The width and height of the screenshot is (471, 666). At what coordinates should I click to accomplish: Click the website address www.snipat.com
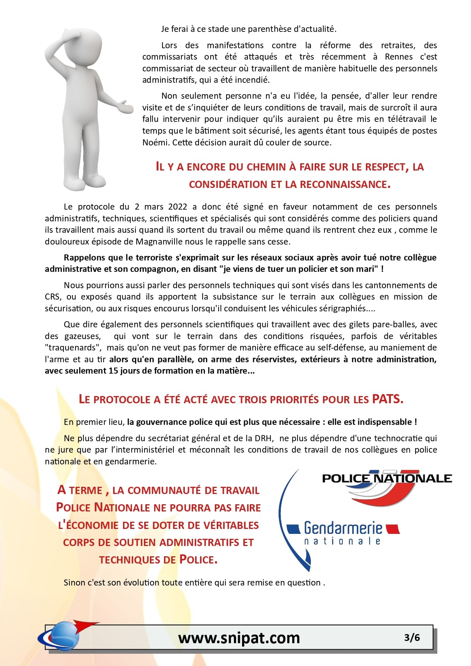pos(239,638)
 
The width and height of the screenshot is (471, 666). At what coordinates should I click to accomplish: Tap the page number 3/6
pos(412,637)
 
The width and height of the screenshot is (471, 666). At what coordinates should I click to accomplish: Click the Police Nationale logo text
pos(387,478)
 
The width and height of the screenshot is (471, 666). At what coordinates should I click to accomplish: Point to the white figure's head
pos(85,42)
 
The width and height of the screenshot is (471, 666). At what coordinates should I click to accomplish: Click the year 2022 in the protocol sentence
pos(178,207)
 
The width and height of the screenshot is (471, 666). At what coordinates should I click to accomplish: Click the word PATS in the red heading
pos(387,399)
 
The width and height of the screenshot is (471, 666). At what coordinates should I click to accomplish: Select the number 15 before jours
pos(113,371)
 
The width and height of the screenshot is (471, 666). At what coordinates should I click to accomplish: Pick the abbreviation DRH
pos(263,438)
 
